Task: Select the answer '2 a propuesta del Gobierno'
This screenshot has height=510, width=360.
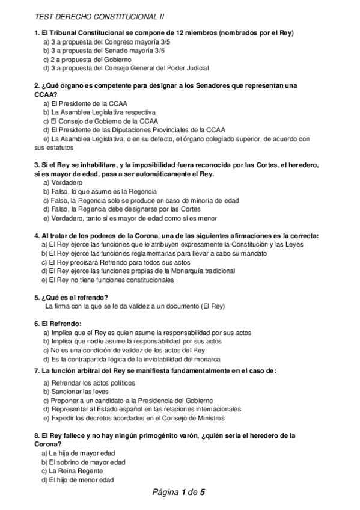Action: [x=87, y=60]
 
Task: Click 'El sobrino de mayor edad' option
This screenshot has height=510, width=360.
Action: [x=84, y=462]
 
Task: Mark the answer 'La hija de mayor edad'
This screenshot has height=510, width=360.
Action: [x=78, y=453]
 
